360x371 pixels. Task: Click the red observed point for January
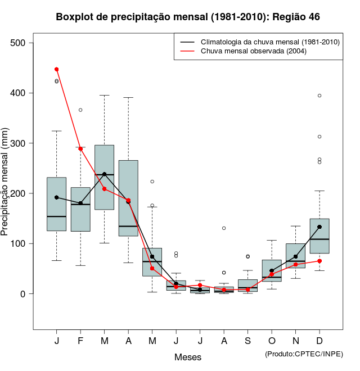click(x=56, y=69)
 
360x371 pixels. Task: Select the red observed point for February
click(x=80, y=149)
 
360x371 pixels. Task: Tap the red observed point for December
click(x=319, y=261)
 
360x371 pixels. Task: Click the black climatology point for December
click(x=319, y=227)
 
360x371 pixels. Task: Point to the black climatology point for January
click(x=56, y=197)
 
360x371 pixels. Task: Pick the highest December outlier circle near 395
click(x=319, y=96)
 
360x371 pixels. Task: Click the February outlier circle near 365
click(x=80, y=110)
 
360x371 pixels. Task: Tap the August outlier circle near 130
click(x=224, y=228)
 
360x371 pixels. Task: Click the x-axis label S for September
click(x=247, y=342)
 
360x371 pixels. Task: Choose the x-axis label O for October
click(x=272, y=342)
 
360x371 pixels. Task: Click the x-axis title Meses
click(x=188, y=357)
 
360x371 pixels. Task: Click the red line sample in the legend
click(x=187, y=51)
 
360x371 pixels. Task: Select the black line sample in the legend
click(x=187, y=42)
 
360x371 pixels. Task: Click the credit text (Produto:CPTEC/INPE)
click(x=304, y=354)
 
